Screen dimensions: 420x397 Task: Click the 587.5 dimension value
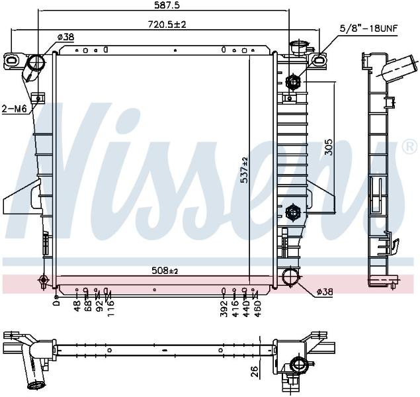pos(167,5)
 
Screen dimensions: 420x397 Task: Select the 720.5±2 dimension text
pos(167,24)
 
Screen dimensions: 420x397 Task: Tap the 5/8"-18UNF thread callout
pos(368,28)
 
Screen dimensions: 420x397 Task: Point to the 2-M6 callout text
pos(14,109)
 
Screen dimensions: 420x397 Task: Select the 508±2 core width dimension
pos(165,271)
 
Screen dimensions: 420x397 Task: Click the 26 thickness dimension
pos(255,372)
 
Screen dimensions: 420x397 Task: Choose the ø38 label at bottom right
pos(325,292)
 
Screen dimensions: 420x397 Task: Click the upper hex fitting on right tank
pos(293,81)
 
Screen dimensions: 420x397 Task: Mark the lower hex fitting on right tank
pos(293,212)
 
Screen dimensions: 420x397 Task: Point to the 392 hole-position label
pos(224,308)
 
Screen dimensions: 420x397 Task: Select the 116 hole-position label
pos(110,308)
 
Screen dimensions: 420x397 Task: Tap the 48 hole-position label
pos(77,306)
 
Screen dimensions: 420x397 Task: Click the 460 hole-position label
pos(257,308)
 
